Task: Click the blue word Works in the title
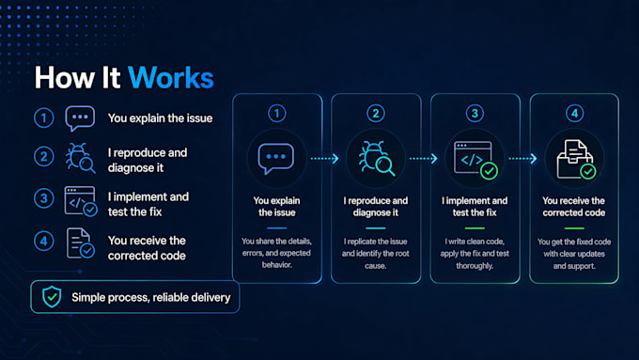[x=171, y=77]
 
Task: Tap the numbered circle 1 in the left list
[x=43, y=117]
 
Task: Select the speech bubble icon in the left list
[x=80, y=118]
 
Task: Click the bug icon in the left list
[x=80, y=158]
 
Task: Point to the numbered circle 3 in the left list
[x=43, y=198]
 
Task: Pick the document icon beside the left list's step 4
[x=80, y=243]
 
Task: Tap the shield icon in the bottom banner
[x=52, y=296]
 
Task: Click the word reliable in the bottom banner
[x=168, y=298]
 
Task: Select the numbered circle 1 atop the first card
[x=276, y=114]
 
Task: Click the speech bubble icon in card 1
[x=276, y=158]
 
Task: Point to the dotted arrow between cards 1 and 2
[x=324, y=158]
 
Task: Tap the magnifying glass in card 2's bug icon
[x=384, y=166]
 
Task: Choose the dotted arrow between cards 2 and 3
[x=424, y=158]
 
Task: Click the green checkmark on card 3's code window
[x=489, y=171]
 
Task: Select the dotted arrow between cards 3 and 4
[x=522, y=158]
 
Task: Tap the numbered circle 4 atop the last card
[x=574, y=114]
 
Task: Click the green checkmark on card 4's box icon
[x=588, y=172]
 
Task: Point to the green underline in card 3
[x=475, y=228]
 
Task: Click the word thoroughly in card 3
[x=475, y=266]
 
